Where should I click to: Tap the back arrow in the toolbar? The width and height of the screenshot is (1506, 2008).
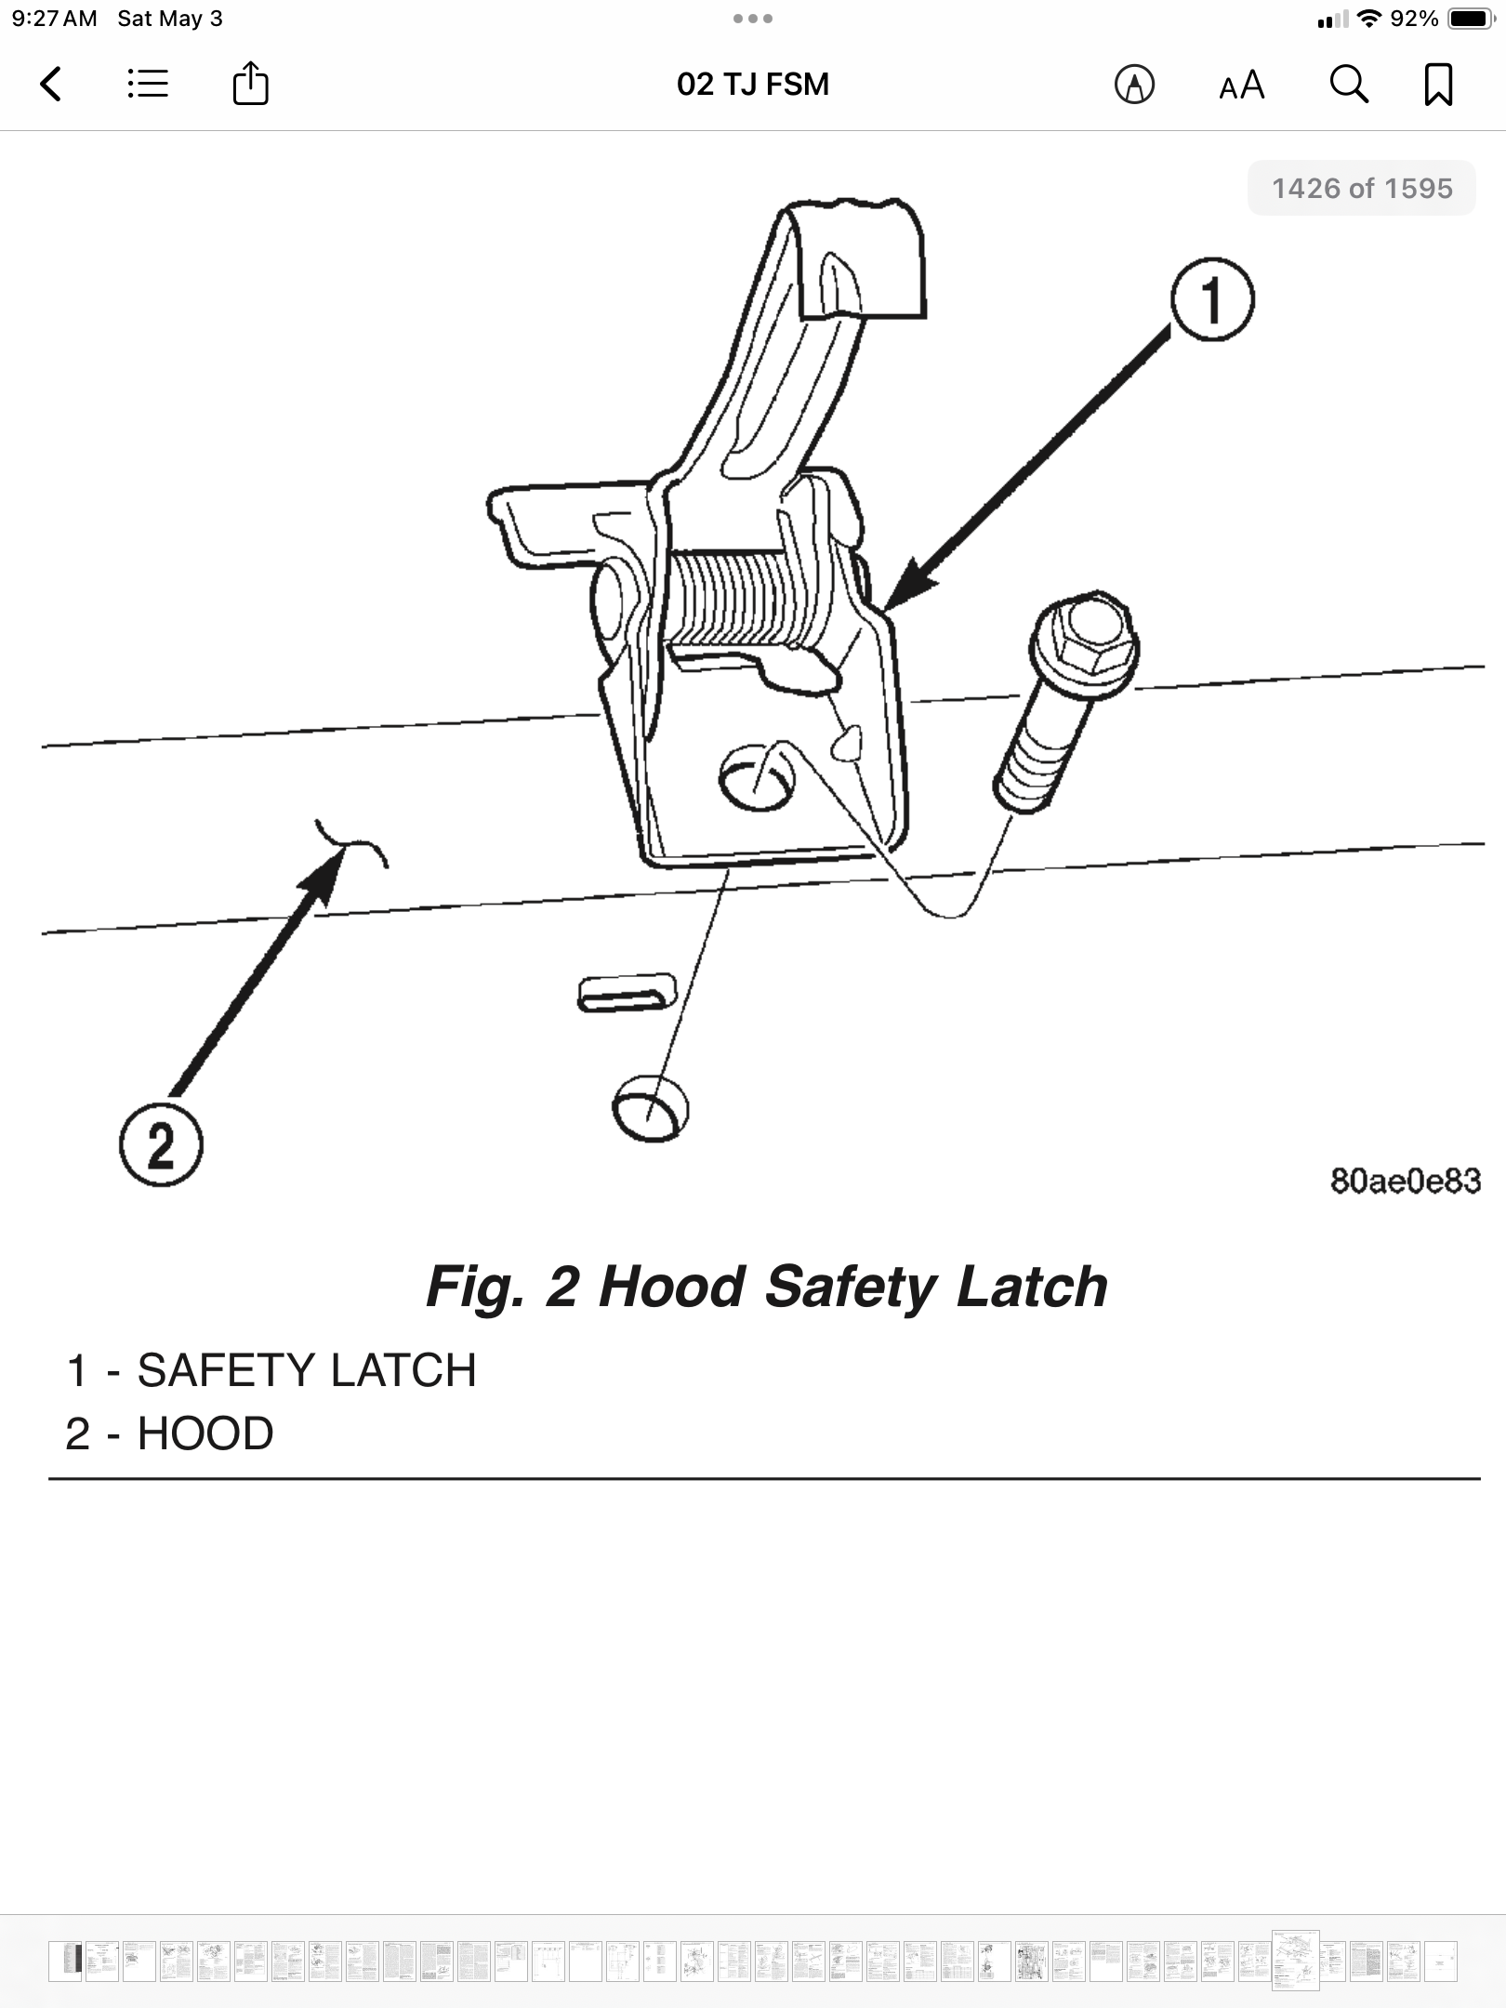coord(52,85)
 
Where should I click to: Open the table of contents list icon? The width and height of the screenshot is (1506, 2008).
coord(148,85)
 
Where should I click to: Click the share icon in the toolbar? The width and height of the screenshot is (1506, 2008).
coord(250,84)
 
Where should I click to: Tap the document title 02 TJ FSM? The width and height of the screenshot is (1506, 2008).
coord(752,85)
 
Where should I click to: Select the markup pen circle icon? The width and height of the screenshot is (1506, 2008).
coord(1134,86)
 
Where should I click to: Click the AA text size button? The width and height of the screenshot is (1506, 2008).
coord(1241,86)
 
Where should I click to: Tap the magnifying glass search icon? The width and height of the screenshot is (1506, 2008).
coord(1348,85)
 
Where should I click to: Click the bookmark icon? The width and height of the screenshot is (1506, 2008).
coord(1438,85)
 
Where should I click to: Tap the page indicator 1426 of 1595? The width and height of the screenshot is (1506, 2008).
coord(1361,189)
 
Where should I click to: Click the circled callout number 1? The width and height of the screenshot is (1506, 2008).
coord(1211,300)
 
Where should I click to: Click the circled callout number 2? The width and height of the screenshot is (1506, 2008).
coord(161,1144)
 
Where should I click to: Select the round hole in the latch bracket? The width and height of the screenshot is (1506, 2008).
coord(757,776)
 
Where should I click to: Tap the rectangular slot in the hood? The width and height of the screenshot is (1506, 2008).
coord(626,993)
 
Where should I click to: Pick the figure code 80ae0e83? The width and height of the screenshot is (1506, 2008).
coord(1405,1181)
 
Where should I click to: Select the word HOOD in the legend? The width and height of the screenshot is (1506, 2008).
coord(205,1433)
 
